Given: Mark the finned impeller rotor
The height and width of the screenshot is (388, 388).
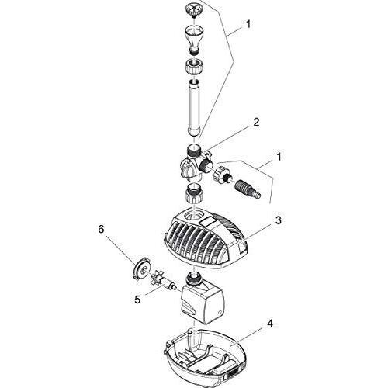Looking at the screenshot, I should pyautogui.click(x=163, y=277).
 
